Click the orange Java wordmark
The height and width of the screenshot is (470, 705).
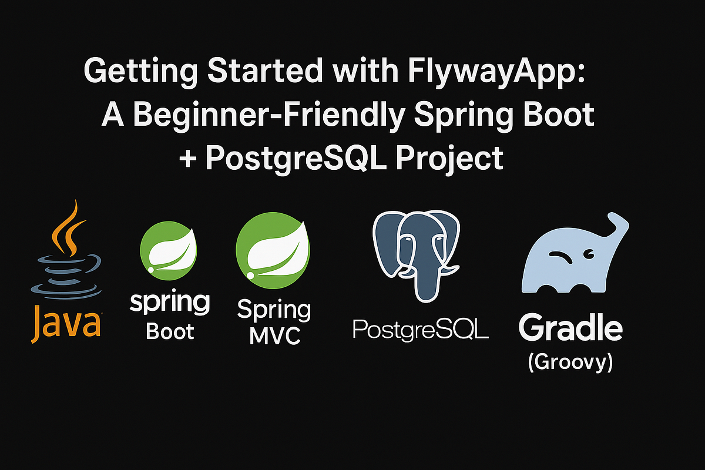66,321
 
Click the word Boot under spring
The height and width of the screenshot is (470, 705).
170,333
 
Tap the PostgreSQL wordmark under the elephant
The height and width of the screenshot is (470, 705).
420,329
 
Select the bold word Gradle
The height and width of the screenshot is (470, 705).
570,329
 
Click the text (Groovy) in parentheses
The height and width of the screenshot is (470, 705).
570,362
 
